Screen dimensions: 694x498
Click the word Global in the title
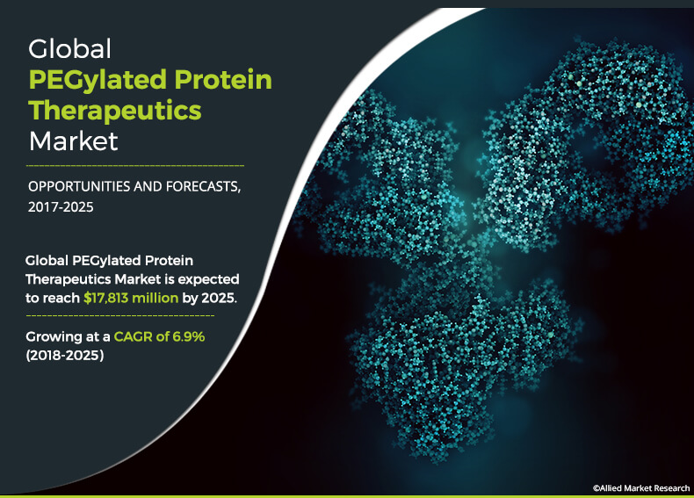tap(70, 48)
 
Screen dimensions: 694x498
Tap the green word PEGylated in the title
tap(98, 81)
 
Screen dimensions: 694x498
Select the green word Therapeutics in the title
tap(115, 111)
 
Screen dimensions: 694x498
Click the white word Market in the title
tap(74, 141)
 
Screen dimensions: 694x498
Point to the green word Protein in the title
tap(223, 79)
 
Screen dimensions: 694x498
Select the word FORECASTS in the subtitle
tap(204, 187)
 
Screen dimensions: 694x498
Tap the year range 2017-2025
tap(61, 207)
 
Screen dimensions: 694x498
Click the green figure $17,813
tap(106, 299)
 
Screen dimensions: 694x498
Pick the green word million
tap(155, 298)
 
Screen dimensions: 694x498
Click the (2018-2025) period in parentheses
tap(65, 355)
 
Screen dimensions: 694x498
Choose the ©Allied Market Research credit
tap(641, 487)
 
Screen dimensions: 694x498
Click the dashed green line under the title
tap(135, 165)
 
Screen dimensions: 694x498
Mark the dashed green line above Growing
tap(120, 315)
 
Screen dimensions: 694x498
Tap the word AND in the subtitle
tap(148, 186)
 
